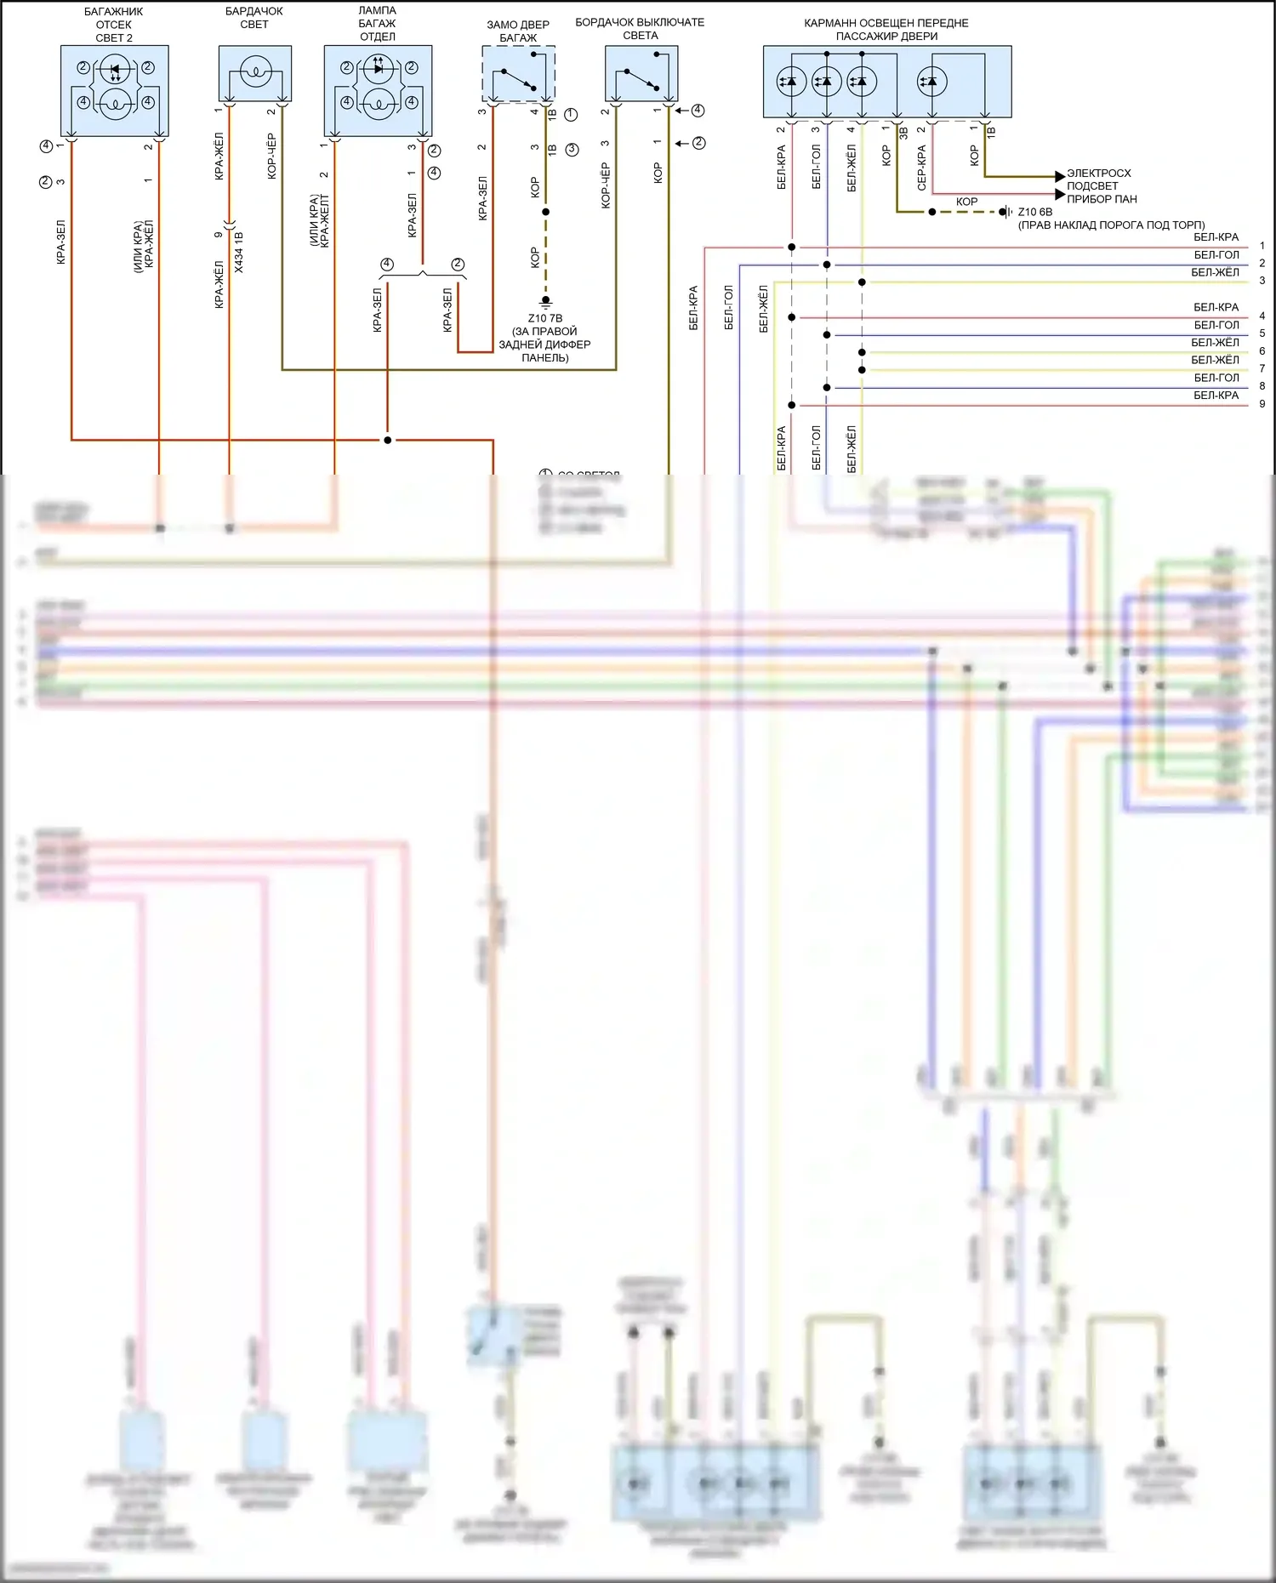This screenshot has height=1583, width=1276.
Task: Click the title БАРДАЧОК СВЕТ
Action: coord(253,18)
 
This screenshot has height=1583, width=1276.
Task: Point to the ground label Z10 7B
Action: coord(544,318)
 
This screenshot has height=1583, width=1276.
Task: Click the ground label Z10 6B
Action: coord(1034,212)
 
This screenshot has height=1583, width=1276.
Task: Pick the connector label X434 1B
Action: coord(239,252)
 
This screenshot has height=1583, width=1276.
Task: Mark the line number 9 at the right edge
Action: coord(1262,404)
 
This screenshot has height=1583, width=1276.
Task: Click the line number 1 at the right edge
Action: coord(1262,246)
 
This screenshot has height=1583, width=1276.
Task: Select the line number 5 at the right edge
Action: coord(1262,333)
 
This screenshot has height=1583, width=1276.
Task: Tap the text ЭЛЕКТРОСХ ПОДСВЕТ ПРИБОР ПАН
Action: coord(1102,186)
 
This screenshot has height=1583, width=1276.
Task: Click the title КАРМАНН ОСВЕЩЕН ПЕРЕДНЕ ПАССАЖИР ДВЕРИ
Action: coord(886,30)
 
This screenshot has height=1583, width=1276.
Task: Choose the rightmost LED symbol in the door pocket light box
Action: coord(931,82)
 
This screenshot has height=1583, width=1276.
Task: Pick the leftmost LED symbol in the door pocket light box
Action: coord(792,82)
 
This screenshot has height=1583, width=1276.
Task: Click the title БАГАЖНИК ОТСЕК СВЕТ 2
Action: coord(114,25)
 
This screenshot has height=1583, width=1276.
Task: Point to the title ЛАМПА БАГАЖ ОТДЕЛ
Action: coord(377,24)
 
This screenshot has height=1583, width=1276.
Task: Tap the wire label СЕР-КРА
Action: coord(921,167)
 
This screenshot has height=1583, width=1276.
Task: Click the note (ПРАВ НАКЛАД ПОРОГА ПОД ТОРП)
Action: coord(1111,225)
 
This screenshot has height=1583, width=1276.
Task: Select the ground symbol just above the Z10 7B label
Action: coord(545,301)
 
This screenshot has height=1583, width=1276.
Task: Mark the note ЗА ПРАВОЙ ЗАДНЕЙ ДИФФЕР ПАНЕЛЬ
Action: coord(544,345)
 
